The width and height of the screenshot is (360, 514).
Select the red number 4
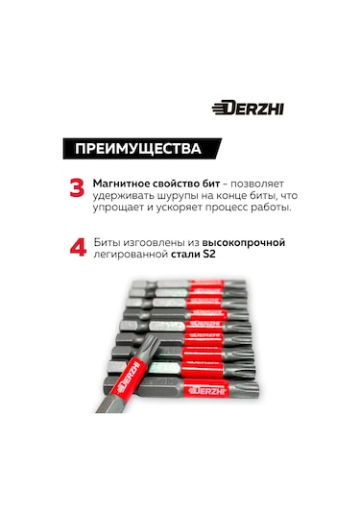pos(78,249)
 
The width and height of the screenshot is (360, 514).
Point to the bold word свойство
pos(182,182)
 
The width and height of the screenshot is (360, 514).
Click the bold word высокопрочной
pos(244,242)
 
